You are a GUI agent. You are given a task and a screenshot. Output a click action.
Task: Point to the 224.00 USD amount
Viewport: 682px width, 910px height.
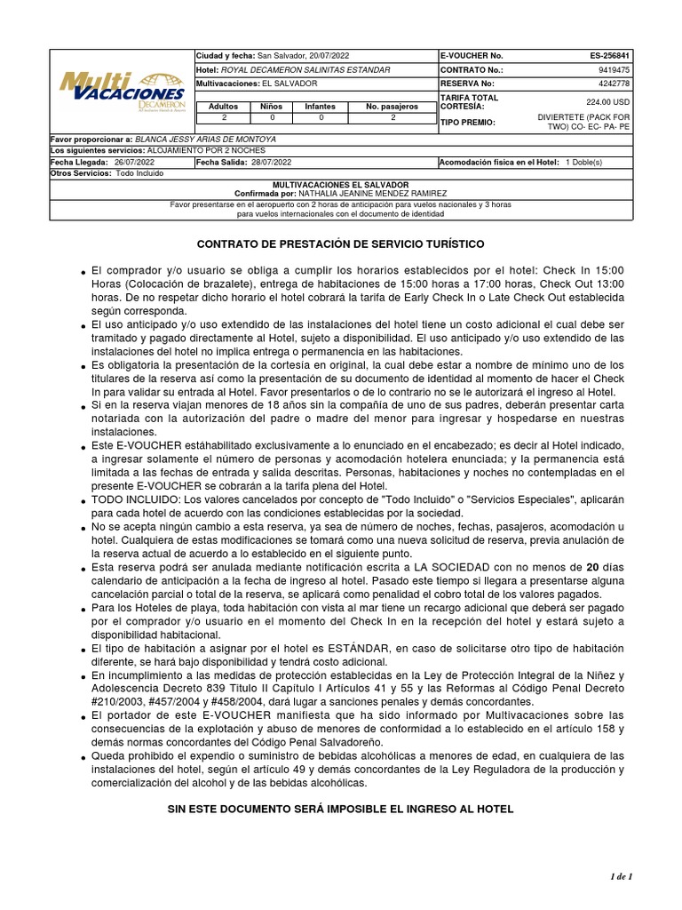[607, 102]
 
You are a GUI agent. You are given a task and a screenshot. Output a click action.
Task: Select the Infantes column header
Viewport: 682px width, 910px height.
[321, 107]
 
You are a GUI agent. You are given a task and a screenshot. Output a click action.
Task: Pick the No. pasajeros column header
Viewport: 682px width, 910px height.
[393, 107]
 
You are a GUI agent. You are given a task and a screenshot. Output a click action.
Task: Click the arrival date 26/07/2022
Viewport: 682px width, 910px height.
[134, 163]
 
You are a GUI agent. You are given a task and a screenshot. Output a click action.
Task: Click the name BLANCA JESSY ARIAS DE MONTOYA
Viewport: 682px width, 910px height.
[206, 140]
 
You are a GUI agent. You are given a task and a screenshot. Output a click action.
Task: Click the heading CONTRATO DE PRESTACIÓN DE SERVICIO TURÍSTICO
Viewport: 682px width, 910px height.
[340, 243]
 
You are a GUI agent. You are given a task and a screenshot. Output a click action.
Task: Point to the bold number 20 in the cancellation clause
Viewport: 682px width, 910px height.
[580, 567]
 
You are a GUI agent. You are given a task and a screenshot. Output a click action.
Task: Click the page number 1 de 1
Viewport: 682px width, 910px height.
[620, 878]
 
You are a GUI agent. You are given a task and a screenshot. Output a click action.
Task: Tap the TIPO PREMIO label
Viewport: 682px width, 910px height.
[468, 123]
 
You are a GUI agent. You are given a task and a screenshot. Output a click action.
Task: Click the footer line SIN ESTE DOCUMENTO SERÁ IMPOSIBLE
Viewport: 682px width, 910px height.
[340, 810]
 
